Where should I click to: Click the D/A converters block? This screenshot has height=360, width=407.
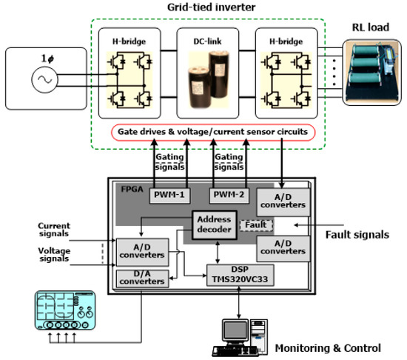pos(143,279)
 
